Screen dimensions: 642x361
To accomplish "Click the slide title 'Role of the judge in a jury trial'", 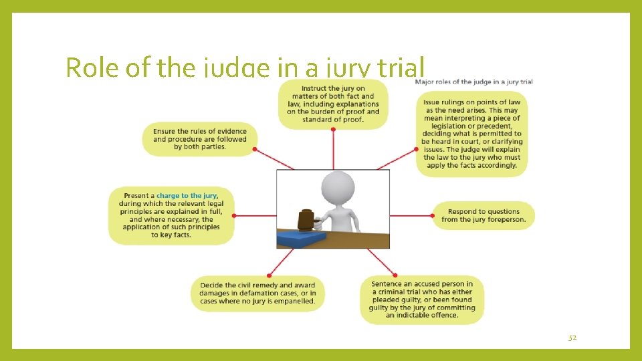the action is pos(245,68).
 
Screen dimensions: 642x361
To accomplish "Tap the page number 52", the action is pos(572,338).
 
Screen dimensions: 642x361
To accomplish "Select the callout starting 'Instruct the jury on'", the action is pos(332,104).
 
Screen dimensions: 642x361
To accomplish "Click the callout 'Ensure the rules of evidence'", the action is pos(199,139).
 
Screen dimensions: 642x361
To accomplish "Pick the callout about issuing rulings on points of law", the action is pos(471,133).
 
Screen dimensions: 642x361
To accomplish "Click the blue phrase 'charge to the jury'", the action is pos(187,196).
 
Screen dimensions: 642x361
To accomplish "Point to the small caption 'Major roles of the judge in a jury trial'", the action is pos(473,82).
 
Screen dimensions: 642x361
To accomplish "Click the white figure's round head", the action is pos(338,187).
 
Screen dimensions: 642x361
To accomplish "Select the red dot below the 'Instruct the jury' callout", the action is pos(333,130).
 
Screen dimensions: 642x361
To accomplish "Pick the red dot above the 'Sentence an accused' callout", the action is pos(395,275).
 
